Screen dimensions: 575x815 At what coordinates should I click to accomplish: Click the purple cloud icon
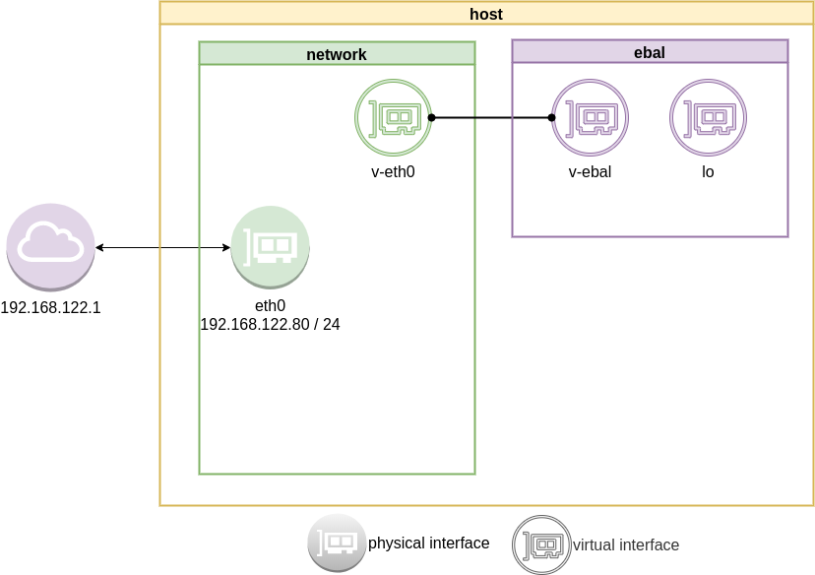point(50,246)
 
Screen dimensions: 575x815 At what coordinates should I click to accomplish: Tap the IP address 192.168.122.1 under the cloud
point(50,307)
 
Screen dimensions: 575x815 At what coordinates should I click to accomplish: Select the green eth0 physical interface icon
point(270,246)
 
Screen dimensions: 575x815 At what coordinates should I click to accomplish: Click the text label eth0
point(270,306)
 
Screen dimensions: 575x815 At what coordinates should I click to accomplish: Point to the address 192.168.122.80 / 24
point(270,324)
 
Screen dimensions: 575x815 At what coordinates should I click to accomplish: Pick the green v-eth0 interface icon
point(393,118)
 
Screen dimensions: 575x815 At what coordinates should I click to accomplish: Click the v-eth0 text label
point(393,172)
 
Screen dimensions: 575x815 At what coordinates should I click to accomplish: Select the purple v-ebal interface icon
point(590,118)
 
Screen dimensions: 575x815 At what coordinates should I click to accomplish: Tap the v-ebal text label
point(590,172)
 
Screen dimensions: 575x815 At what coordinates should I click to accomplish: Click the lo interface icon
point(708,118)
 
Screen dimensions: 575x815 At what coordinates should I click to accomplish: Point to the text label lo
point(708,172)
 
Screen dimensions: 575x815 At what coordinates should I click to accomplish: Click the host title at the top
point(487,13)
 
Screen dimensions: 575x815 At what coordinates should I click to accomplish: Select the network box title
point(337,54)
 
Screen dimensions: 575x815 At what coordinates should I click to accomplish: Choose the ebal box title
point(650,52)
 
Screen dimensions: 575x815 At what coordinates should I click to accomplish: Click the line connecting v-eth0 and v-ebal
point(491,118)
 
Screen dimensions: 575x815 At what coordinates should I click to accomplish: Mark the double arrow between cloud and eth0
point(162,247)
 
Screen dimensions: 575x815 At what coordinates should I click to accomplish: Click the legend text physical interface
point(428,543)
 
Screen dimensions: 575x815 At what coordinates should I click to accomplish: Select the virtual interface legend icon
point(540,543)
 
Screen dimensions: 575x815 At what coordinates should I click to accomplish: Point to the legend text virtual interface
point(626,544)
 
